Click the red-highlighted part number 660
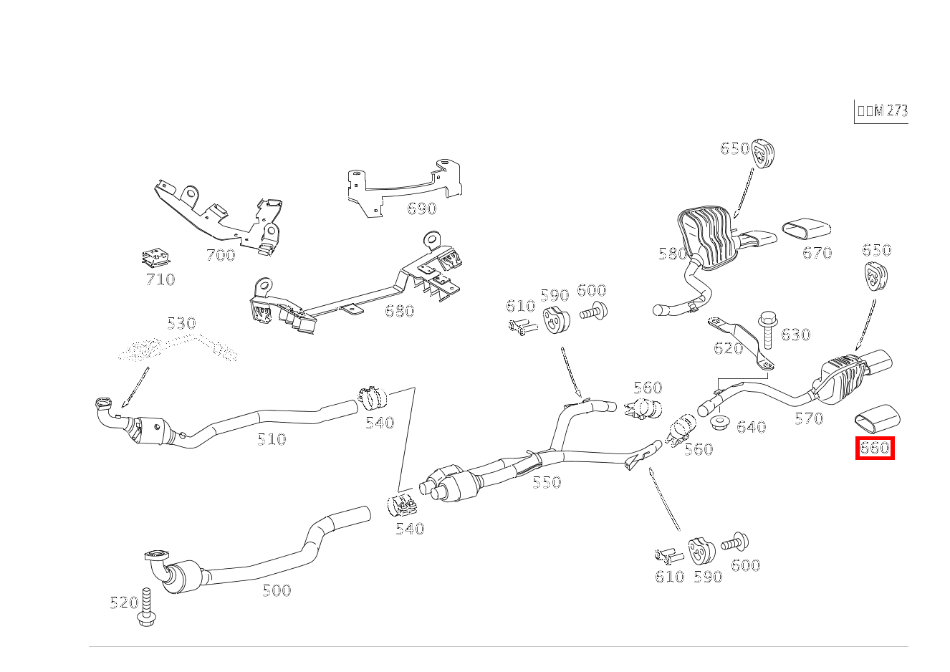pyautogui.click(x=874, y=448)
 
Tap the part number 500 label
pyautogui.click(x=277, y=590)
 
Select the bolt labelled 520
pyautogui.click(x=147, y=608)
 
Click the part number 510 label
pyautogui.click(x=272, y=439)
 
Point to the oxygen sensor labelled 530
pyautogui.click(x=179, y=350)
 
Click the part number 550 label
pyautogui.click(x=547, y=482)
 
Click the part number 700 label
pyautogui.click(x=220, y=255)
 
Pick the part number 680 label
pyautogui.click(x=399, y=310)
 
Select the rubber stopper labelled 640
pyautogui.click(x=720, y=421)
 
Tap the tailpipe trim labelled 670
pyautogui.click(x=806, y=229)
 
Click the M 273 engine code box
pyautogui.click(x=881, y=111)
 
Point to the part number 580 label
pyautogui.click(x=672, y=254)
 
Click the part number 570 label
pyautogui.click(x=809, y=418)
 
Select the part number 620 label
pyautogui.click(x=728, y=348)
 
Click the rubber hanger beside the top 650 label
pyautogui.click(x=764, y=153)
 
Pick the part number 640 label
pyautogui.click(x=751, y=427)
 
